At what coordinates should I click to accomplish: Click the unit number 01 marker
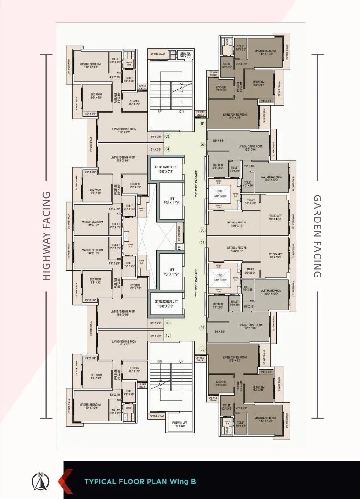coord(202,124)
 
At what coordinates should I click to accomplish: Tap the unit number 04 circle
coord(167,149)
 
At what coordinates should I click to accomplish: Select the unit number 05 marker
coord(202,231)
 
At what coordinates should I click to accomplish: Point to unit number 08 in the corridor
coord(202,349)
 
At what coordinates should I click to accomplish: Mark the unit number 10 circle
coord(167,336)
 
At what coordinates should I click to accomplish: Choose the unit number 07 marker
coord(202,328)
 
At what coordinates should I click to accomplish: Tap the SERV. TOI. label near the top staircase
coord(185,55)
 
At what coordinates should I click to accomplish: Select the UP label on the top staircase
coord(161,111)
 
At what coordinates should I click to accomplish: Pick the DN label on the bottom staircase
coord(161,361)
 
